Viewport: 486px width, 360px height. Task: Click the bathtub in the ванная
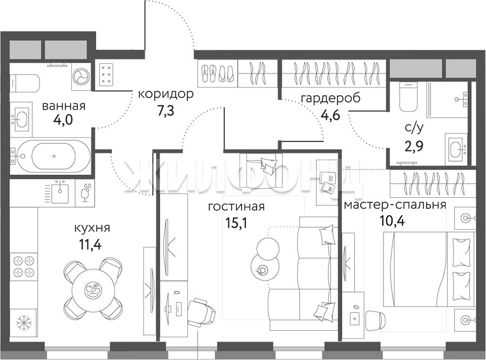[x=54, y=156]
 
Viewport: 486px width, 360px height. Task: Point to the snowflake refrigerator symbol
[x=24, y=323]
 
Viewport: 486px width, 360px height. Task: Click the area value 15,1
[x=237, y=223]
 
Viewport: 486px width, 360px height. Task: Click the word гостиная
[x=236, y=206]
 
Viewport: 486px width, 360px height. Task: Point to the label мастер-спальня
[x=395, y=205]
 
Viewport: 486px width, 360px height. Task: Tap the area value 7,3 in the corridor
[x=166, y=110]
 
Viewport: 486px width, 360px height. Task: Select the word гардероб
[x=331, y=98]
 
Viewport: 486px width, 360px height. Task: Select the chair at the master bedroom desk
[x=376, y=321]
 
